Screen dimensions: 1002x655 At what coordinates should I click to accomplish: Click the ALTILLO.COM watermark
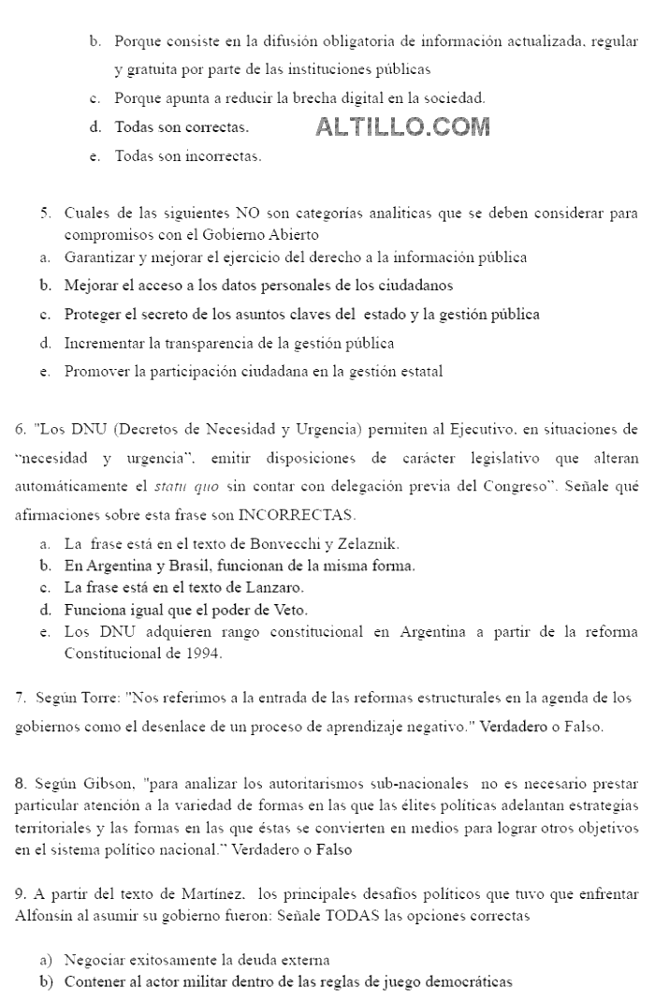[x=402, y=126]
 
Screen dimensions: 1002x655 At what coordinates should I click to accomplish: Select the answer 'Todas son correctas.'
[x=182, y=127]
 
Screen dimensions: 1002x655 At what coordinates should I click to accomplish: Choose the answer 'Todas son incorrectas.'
[x=187, y=156]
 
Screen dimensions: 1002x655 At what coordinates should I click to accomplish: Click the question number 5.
[x=44, y=214]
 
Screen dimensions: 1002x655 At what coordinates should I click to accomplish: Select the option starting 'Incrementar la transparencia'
[x=228, y=344]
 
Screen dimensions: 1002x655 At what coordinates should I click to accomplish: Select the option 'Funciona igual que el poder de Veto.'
[x=185, y=611]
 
